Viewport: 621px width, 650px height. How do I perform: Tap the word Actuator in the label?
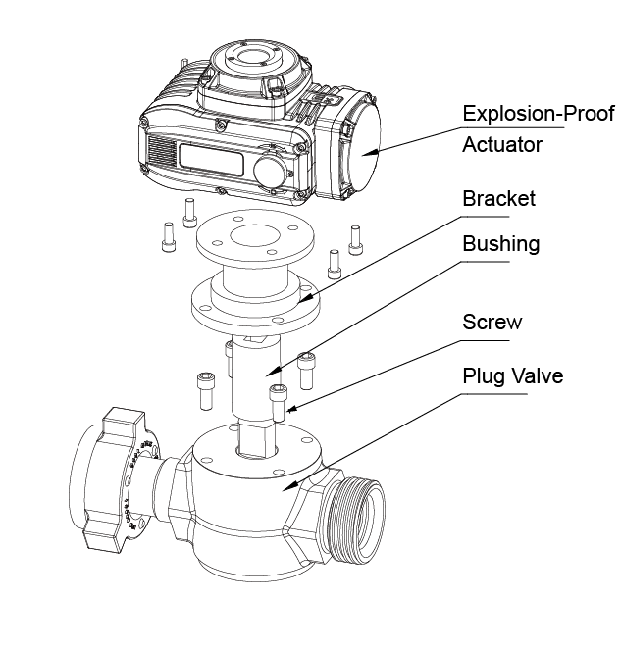coord(502,145)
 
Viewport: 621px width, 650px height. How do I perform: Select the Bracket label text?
coord(498,199)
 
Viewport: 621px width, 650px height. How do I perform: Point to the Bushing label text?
coord(501,243)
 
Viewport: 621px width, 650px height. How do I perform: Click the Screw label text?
coord(492,323)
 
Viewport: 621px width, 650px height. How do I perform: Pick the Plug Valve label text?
coord(512,375)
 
